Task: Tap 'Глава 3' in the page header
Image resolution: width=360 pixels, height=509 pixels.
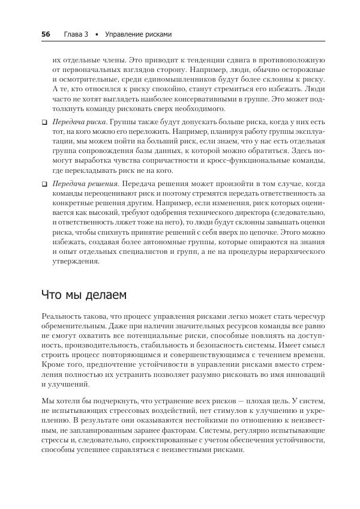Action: tap(76, 34)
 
